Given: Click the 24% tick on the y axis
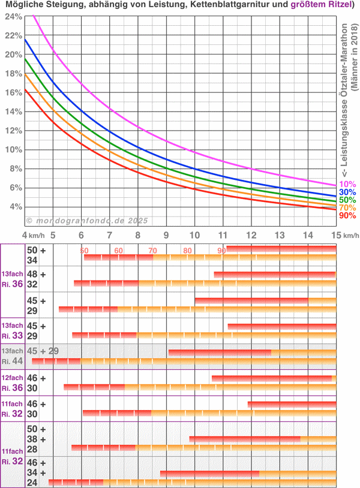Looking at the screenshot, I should pyautogui.click(x=13, y=16).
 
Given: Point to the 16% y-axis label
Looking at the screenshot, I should pyautogui.click(x=13, y=92).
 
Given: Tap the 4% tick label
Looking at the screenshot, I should pyautogui.click(x=15, y=207).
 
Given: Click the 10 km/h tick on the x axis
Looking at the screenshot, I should pyautogui.click(x=194, y=236).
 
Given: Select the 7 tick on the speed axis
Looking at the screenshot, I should pyautogui.click(x=109, y=236).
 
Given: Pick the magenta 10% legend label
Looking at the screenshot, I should pyautogui.click(x=348, y=185).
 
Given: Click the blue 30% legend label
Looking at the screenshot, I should pyautogui.click(x=348, y=192).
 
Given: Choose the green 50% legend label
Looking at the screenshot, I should pyautogui.click(x=348, y=200).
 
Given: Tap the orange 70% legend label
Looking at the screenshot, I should pyautogui.click(x=348, y=208).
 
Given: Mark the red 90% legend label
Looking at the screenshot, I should pyautogui.click(x=348, y=216).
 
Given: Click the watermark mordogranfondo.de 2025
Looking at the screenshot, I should pyautogui.click(x=88, y=221).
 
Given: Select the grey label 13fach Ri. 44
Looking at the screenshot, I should pyautogui.click(x=12, y=356).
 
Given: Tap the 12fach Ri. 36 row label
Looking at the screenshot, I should pyautogui.click(x=12, y=383).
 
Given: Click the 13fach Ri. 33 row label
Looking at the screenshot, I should pyautogui.click(x=12, y=330).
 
